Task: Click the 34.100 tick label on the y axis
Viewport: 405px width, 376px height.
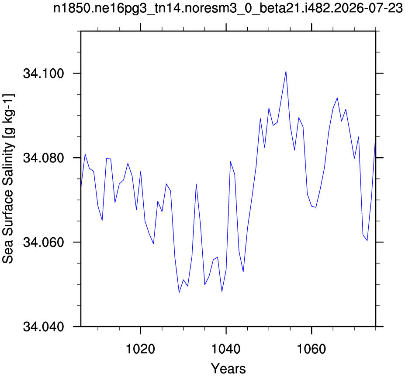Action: point(43,74)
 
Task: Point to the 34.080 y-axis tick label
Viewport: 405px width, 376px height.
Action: point(43,158)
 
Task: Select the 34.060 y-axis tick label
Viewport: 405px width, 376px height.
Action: point(43,242)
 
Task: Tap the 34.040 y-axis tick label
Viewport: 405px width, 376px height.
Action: point(43,327)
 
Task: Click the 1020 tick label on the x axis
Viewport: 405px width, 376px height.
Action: point(140,349)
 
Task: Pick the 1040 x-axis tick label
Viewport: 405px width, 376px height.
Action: point(226,349)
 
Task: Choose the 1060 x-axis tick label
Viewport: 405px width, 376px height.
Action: point(312,349)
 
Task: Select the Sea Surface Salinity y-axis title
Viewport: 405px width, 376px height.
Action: point(8,179)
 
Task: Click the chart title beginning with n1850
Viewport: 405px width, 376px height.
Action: point(228,8)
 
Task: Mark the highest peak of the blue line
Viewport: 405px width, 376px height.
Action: point(286,71)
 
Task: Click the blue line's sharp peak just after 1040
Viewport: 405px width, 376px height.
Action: point(230,162)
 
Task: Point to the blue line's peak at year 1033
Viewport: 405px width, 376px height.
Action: point(196,184)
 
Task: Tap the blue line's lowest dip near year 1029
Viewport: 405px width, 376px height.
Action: point(179,292)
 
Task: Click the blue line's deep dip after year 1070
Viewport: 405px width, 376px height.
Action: point(367,240)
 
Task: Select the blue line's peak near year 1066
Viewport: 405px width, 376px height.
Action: point(337,98)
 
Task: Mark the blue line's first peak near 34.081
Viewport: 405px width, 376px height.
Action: point(85,154)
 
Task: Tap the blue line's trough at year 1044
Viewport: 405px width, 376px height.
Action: point(243,272)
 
